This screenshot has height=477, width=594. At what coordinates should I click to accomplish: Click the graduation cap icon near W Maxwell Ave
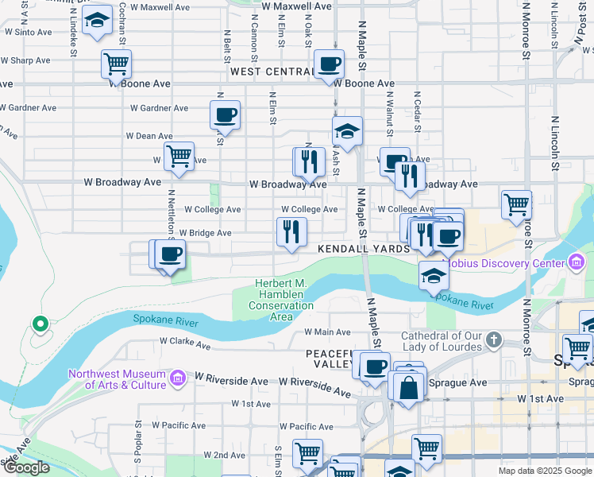click(98, 22)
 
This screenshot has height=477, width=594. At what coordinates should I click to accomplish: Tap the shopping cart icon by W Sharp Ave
click(116, 64)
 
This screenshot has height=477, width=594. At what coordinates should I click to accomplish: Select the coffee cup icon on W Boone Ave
click(328, 64)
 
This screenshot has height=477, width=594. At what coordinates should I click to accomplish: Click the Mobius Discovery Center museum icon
click(577, 262)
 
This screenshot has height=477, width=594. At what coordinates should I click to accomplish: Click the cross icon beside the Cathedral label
click(494, 341)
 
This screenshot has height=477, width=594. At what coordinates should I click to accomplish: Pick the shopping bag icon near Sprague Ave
click(409, 388)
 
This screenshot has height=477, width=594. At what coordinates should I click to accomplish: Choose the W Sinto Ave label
click(28, 33)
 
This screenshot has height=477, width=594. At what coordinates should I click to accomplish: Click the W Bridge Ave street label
click(205, 233)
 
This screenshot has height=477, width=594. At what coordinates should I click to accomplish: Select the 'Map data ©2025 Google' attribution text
click(545, 471)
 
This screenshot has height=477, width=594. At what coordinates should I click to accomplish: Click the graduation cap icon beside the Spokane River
click(434, 275)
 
